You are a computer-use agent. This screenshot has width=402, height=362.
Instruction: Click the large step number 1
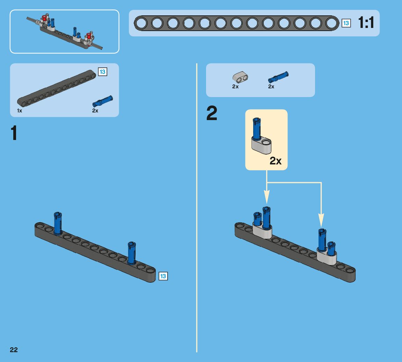(14, 133)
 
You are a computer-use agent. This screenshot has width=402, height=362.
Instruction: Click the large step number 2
(212, 113)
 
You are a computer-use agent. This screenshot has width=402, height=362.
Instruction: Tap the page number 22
(14, 350)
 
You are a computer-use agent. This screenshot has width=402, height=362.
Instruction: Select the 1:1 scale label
(366, 23)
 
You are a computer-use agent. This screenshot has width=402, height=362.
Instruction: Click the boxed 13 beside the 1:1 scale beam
(346, 23)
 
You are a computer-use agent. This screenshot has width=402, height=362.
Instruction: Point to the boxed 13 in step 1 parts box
(103, 72)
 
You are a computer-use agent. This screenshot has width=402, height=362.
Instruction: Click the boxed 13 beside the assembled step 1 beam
(163, 276)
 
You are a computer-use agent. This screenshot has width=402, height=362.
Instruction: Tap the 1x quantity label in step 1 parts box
(20, 111)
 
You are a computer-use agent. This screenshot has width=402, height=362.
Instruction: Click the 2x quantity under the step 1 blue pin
(95, 111)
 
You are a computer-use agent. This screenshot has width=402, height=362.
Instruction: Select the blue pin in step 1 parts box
(102, 101)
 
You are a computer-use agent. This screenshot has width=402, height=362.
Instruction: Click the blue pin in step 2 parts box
(278, 76)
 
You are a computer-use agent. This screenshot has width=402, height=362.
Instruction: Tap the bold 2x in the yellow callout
(275, 161)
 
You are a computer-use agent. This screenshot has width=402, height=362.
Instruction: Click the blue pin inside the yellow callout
(257, 129)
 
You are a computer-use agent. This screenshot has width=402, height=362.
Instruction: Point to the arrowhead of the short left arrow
(267, 199)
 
